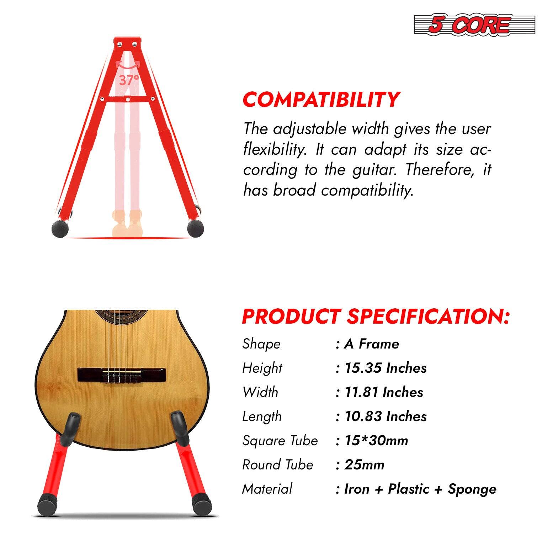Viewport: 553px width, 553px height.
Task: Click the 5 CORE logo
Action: click(474, 25)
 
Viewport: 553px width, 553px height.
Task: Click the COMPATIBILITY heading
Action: click(321, 100)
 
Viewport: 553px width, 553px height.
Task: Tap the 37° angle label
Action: click(129, 80)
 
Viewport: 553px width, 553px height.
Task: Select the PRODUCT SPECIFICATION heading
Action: click(376, 316)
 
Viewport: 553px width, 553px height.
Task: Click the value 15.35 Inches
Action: click(385, 368)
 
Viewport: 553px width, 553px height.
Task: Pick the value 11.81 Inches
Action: click(384, 392)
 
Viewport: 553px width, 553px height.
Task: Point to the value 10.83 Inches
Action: click(385, 416)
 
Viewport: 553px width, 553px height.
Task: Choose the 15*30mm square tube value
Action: click(376, 441)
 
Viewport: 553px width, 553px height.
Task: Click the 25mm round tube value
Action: click(364, 465)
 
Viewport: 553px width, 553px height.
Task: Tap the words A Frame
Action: click(372, 344)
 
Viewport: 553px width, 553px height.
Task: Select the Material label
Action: click(267, 489)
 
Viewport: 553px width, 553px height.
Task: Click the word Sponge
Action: click(472, 489)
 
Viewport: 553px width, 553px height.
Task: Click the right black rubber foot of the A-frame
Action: click(196, 228)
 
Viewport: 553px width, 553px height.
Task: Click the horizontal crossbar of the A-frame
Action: click(128, 99)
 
